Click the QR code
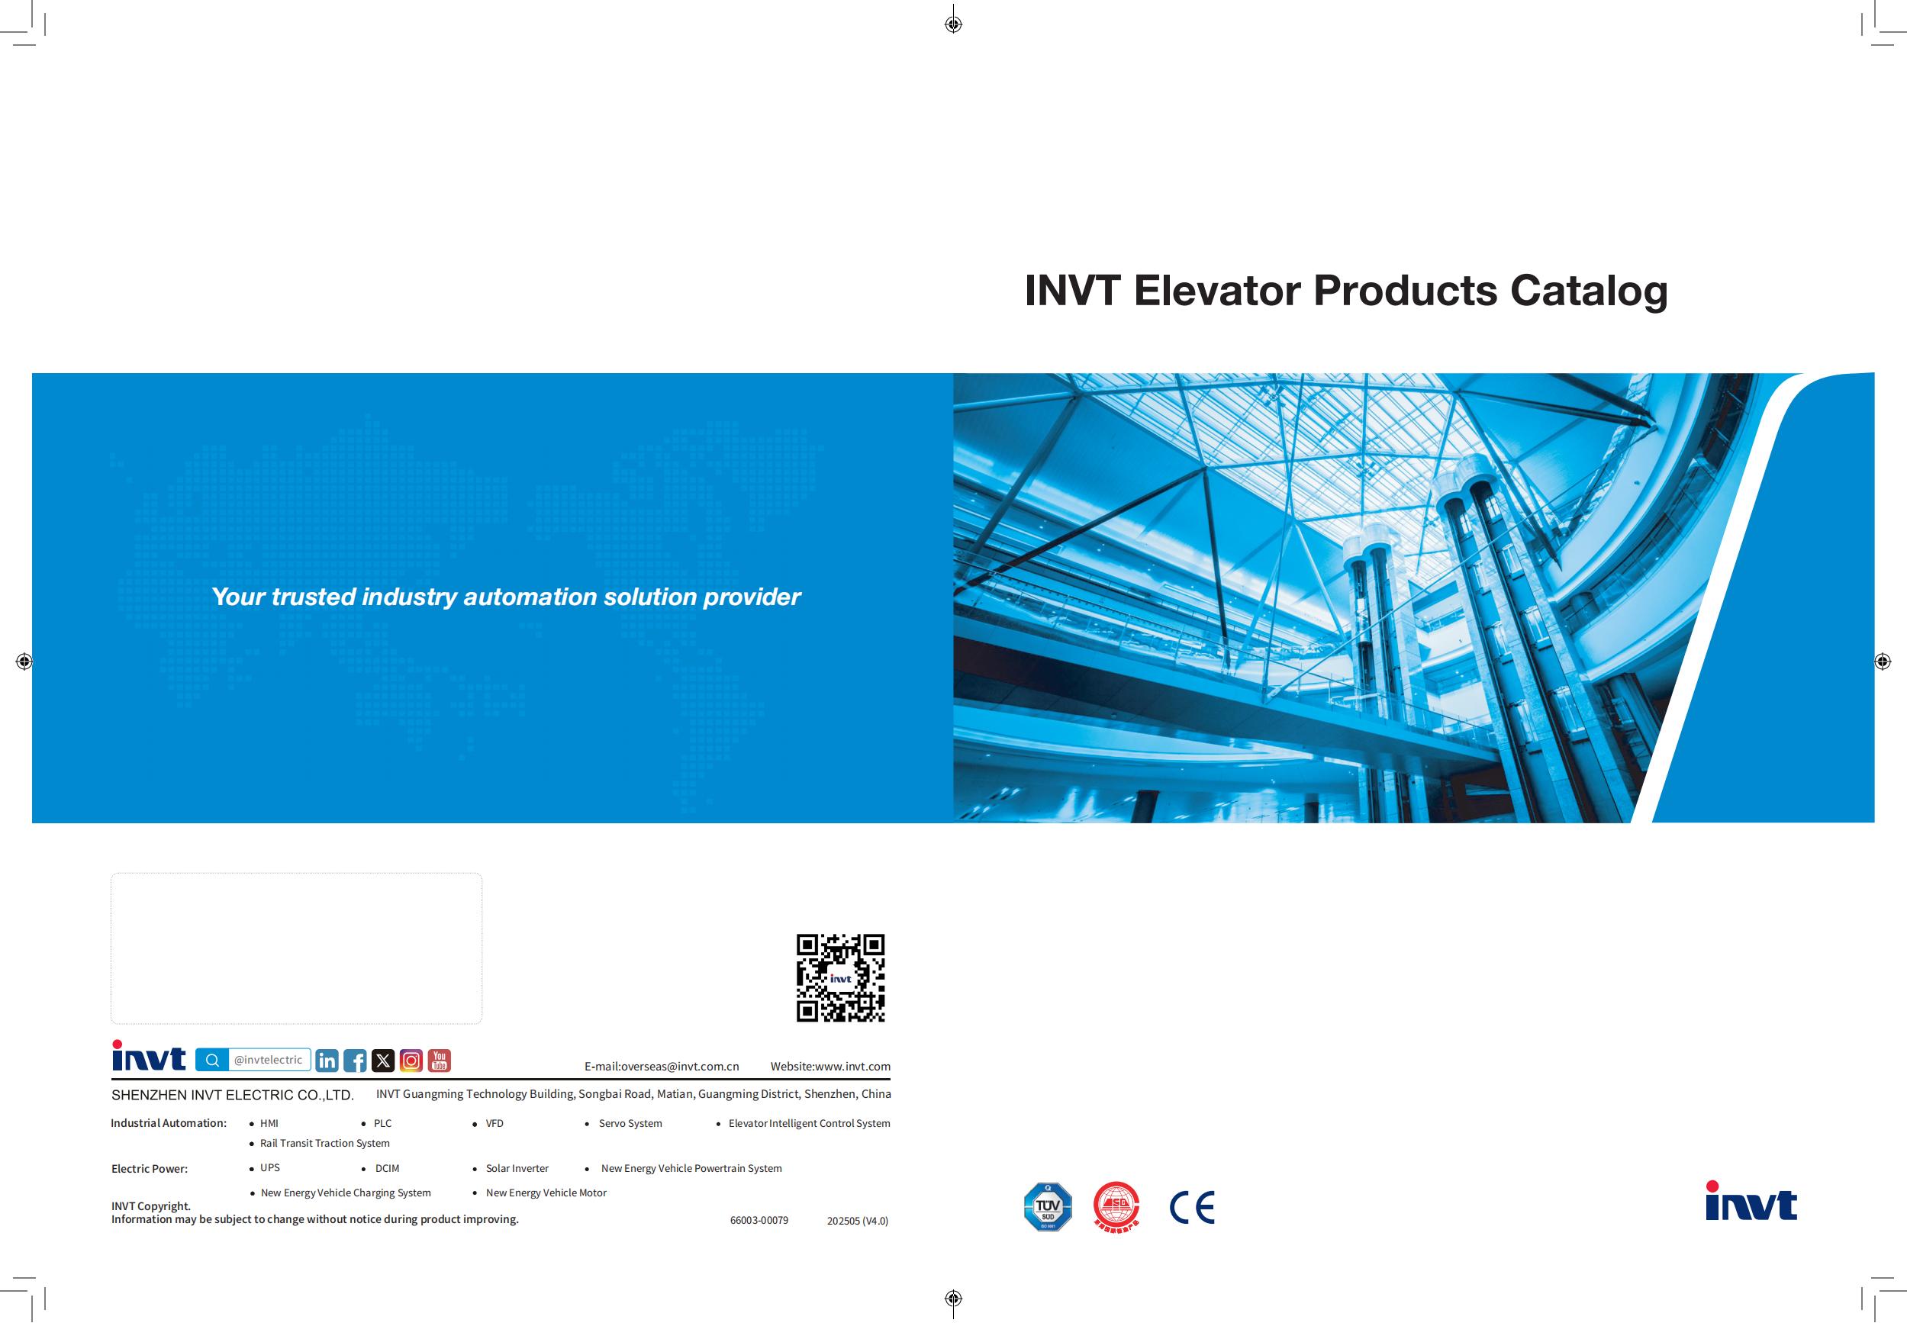[840, 977]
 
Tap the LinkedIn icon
[327, 1061]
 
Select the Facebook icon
[355, 1061]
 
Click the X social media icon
[383, 1061]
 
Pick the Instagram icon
[411, 1061]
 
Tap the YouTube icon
[440, 1061]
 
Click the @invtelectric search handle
[268, 1060]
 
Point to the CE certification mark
[1192, 1207]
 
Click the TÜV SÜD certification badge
[1048, 1206]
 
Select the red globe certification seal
[1116, 1206]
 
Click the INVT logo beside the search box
[150, 1056]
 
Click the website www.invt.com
[852, 1066]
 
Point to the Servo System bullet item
[630, 1123]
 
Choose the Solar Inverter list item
[517, 1168]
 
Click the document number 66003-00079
[759, 1220]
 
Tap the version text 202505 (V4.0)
[857, 1220]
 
